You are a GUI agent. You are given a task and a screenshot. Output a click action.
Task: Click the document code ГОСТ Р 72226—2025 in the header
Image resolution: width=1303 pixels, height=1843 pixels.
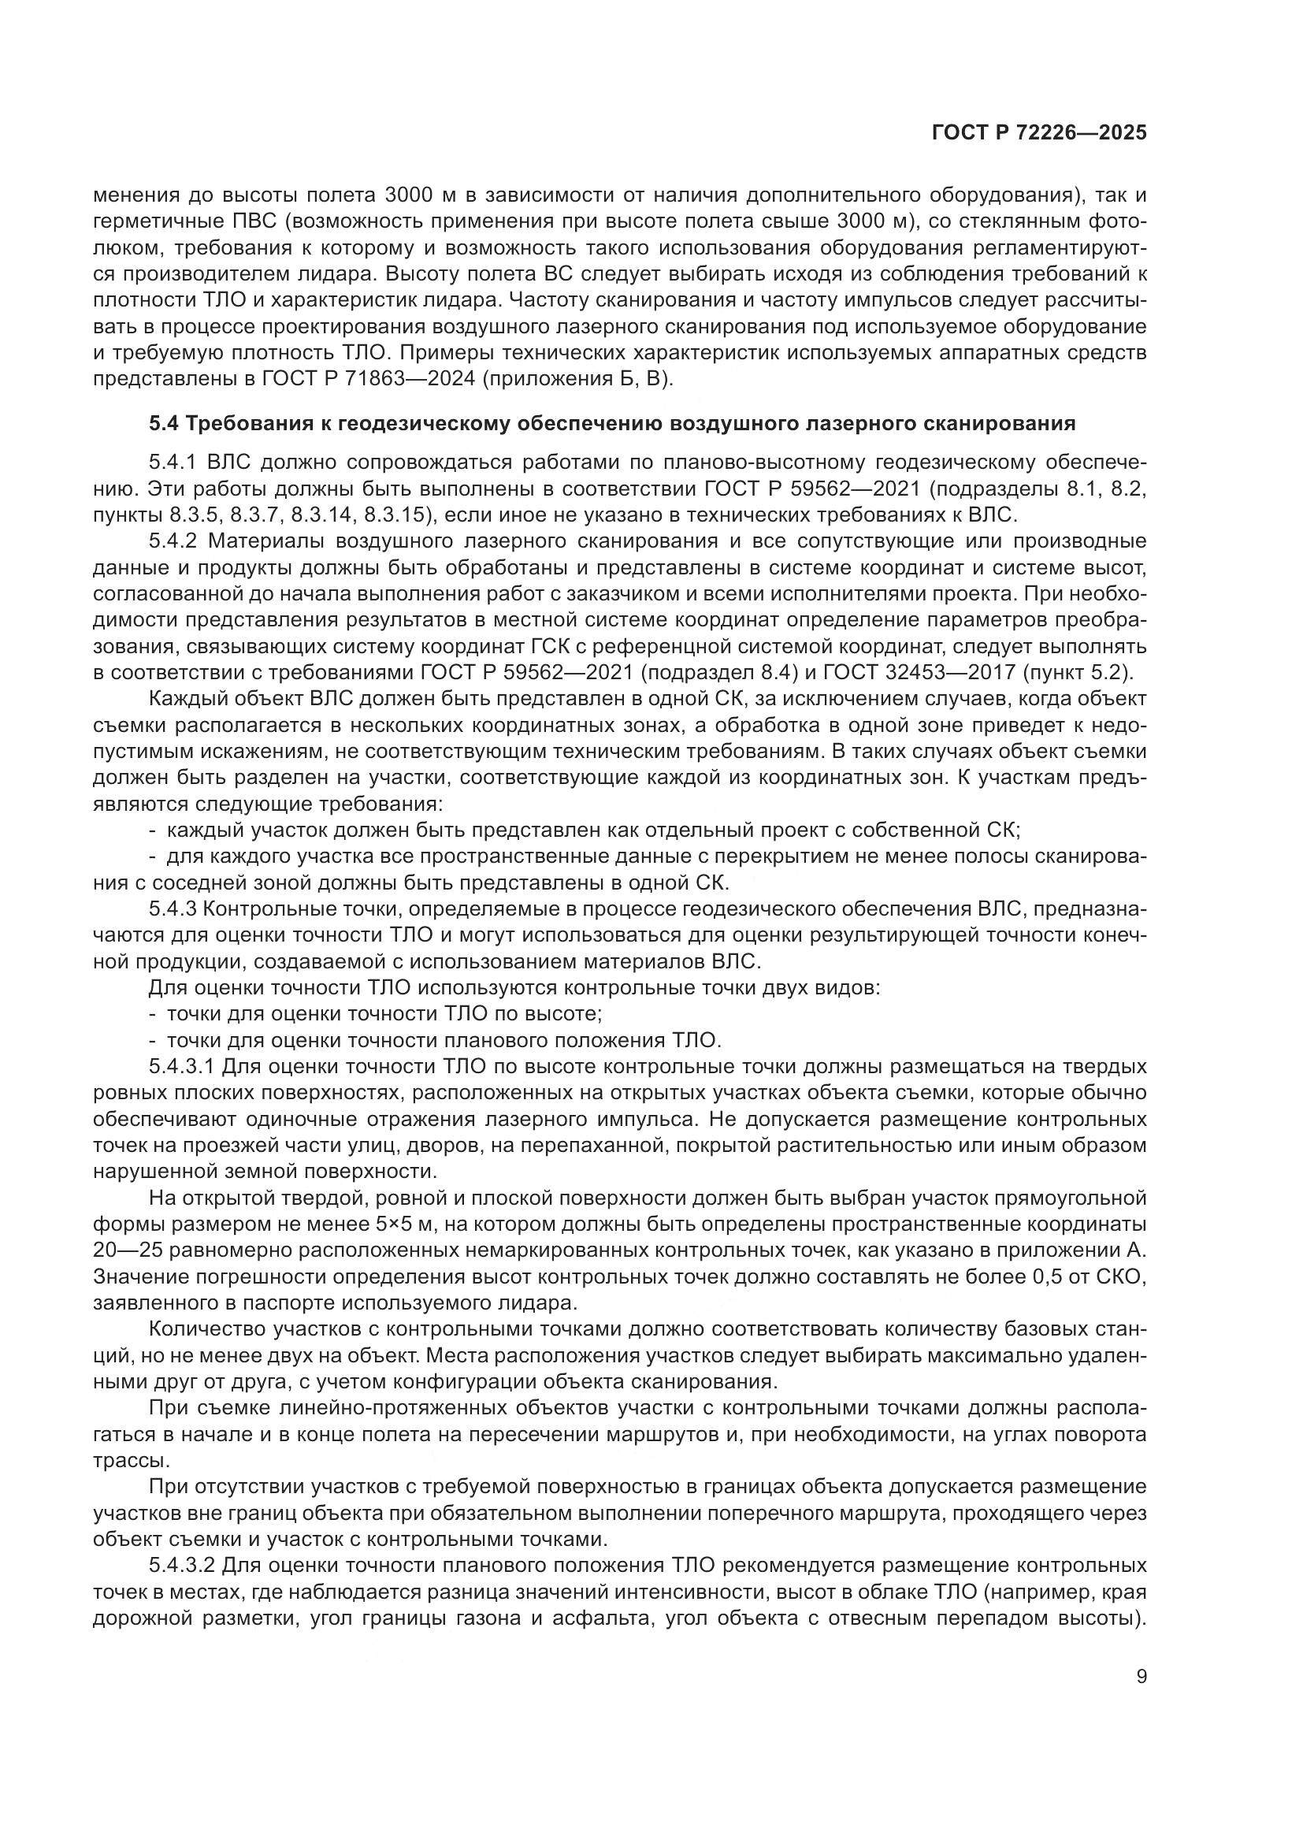coord(1039,133)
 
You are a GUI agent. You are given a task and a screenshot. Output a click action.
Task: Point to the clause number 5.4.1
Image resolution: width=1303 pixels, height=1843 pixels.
coord(174,463)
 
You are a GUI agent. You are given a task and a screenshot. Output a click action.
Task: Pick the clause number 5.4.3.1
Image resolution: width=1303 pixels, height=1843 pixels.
coord(181,1067)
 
